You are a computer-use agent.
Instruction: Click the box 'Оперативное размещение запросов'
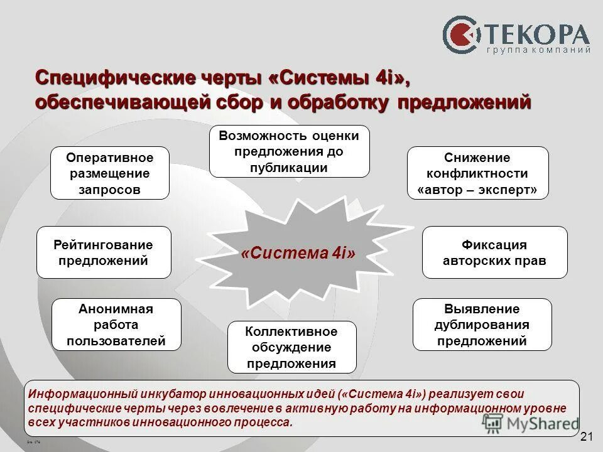pos(110,173)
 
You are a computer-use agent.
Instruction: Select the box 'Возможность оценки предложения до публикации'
pos(289,151)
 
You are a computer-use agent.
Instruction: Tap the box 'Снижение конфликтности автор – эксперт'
pos(477,173)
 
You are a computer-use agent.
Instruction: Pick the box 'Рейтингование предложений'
pos(104,252)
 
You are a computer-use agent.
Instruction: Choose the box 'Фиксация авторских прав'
pos(494,252)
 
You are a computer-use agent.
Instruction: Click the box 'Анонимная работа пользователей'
pos(116,325)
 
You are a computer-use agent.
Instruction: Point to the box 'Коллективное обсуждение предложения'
pos(291,347)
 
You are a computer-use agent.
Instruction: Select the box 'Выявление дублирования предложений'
pos(482,325)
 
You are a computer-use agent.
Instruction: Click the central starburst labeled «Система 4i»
pos(298,254)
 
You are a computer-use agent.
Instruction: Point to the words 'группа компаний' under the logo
pos(538,50)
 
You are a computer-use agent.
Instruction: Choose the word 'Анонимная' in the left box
pos(116,308)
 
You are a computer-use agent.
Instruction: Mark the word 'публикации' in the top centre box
pos(289,168)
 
